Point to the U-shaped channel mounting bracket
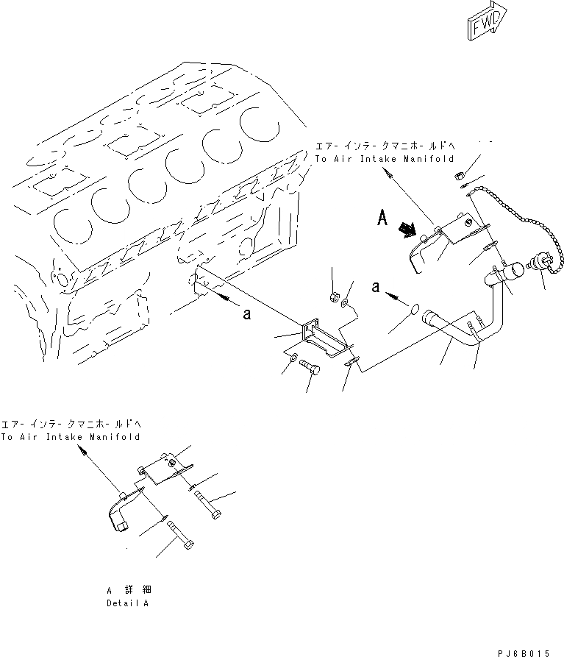coord(322,341)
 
